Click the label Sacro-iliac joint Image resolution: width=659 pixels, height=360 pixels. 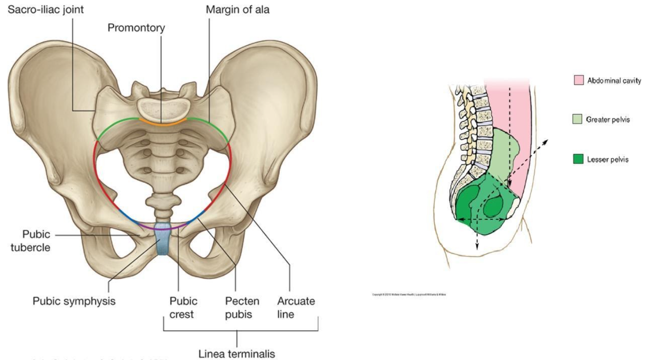pos(45,9)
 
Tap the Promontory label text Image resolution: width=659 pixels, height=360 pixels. pos(136,28)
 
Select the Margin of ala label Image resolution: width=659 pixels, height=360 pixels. pos(238,9)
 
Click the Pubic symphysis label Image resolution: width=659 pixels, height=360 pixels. pos(74,301)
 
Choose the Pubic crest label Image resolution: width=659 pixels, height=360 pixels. pos(183,308)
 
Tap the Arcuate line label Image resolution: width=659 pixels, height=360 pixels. pos(296,308)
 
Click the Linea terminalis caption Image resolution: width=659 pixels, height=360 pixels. pos(237,354)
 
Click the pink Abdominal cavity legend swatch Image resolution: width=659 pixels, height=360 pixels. pos(578,80)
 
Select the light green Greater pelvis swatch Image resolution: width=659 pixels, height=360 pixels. pos(578,119)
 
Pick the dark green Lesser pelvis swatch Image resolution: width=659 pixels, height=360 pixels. pos(578,158)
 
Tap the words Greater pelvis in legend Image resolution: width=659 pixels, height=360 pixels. pos(607,120)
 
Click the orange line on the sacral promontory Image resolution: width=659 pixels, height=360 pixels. pos(162,124)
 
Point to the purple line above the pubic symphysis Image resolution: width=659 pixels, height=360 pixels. pos(163,228)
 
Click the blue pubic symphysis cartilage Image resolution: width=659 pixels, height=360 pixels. pos(163,242)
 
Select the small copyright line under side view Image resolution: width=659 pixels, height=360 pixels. pos(409,294)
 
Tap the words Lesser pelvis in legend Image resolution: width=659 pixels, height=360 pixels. pos(607,159)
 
